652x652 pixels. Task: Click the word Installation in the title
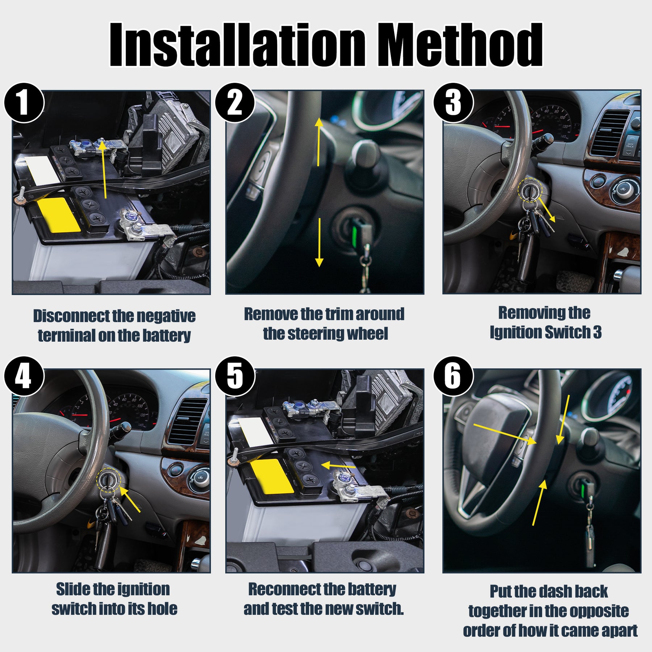237,45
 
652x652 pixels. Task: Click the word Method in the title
460,45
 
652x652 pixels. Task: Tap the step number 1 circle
24,103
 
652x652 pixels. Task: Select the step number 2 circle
235,103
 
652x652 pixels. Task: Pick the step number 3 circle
454,103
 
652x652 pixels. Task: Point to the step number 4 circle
24,377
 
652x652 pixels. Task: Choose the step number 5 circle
235,377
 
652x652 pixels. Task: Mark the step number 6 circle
454,377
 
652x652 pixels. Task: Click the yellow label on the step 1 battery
58,215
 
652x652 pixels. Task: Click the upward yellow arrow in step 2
319,142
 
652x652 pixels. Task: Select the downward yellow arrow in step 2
319,242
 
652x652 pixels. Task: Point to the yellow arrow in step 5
338,465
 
